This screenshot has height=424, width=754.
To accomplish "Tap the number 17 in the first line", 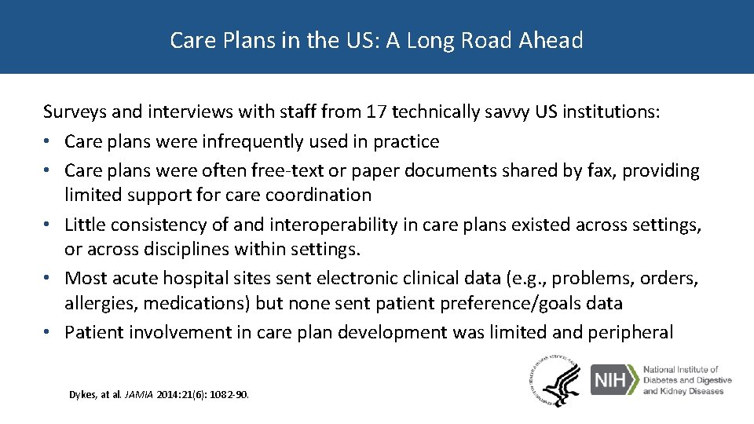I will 377,112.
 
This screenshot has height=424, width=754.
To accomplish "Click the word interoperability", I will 333,225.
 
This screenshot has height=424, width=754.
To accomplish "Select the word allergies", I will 96,303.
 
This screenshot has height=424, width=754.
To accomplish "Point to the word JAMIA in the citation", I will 144,395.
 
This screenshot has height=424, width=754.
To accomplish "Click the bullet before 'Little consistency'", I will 49,225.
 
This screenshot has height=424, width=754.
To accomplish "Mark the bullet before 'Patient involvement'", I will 49,333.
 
